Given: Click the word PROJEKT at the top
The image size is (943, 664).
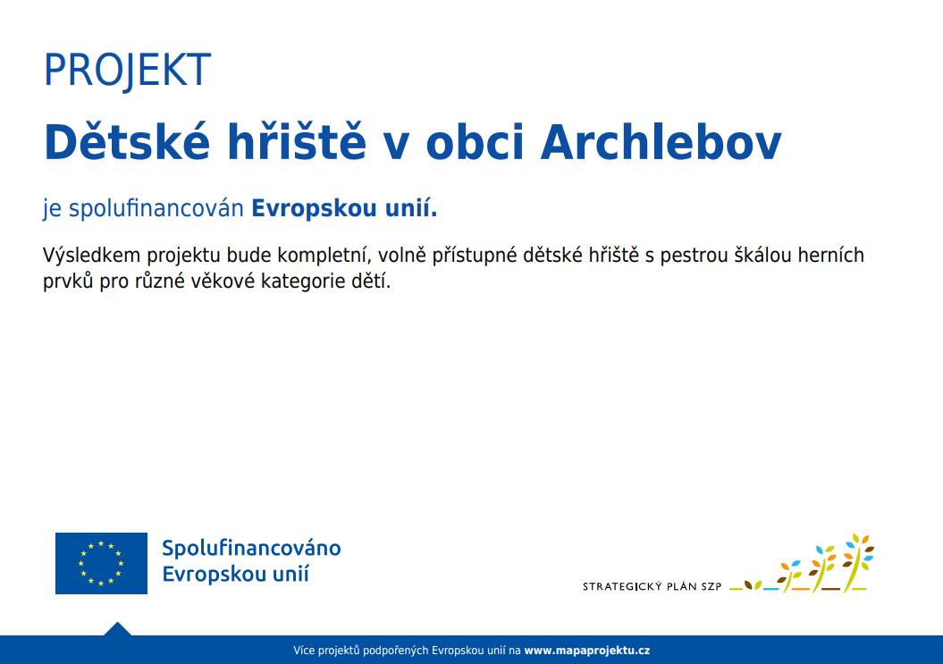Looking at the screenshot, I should tap(127, 71).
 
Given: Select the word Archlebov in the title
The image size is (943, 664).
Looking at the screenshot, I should tap(661, 141).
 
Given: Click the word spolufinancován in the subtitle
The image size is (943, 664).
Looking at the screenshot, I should tap(156, 209).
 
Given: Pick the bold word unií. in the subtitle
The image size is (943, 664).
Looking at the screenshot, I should tap(407, 209).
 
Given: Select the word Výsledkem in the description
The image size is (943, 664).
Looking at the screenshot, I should tap(87, 256).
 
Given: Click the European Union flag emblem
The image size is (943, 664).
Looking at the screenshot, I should tap(101, 563).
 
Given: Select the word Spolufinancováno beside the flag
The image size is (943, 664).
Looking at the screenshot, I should tap(251, 548).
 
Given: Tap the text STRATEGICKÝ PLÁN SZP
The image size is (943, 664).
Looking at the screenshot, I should tap(652, 587).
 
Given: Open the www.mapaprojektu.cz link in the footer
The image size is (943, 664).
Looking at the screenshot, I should tap(586, 651).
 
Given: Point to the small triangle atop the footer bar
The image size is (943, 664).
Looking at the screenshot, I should tap(117, 629).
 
